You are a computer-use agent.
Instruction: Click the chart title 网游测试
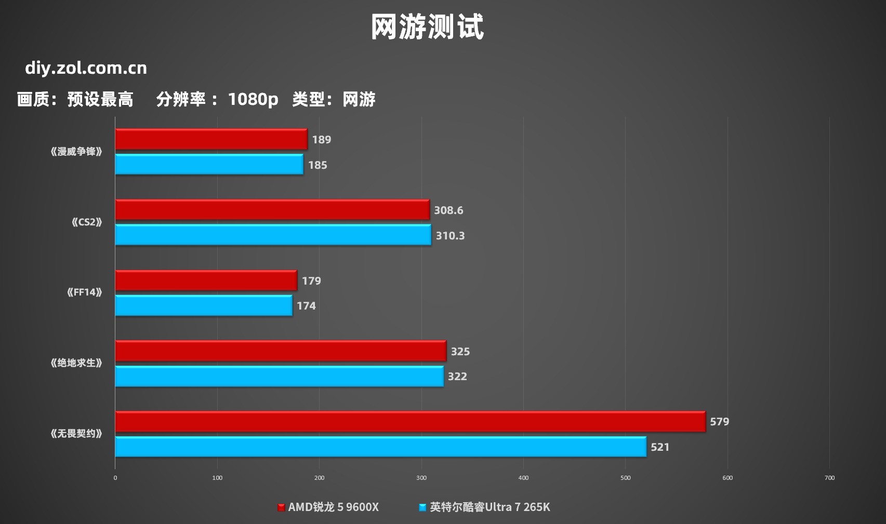[x=427, y=27]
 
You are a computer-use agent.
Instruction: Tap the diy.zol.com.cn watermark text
[x=86, y=68]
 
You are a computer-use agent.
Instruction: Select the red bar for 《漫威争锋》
[x=211, y=139]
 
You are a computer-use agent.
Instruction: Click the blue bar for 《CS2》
[x=273, y=235]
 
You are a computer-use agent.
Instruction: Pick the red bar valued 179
[x=206, y=280]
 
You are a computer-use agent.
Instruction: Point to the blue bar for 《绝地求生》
[x=279, y=376]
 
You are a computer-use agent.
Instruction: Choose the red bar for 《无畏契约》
[x=410, y=422]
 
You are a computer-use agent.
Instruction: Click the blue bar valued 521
[x=380, y=447]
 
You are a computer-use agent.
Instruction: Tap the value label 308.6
[x=448, y=210]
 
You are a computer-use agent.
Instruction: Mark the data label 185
[x=318, y=165]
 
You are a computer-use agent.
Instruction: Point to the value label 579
[x=719, y=422]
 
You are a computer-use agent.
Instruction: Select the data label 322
[x=457, y=377]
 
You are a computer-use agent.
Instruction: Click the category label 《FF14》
[x=84, y=292]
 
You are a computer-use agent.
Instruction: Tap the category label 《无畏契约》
[x=76, y=434]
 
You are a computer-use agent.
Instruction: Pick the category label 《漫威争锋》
[x=76, y=152]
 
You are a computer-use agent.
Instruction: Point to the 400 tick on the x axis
[x=523, y=478]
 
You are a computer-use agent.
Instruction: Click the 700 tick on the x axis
[x=829, y=478]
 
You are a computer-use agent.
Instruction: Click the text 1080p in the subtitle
[x=253, y=99]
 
